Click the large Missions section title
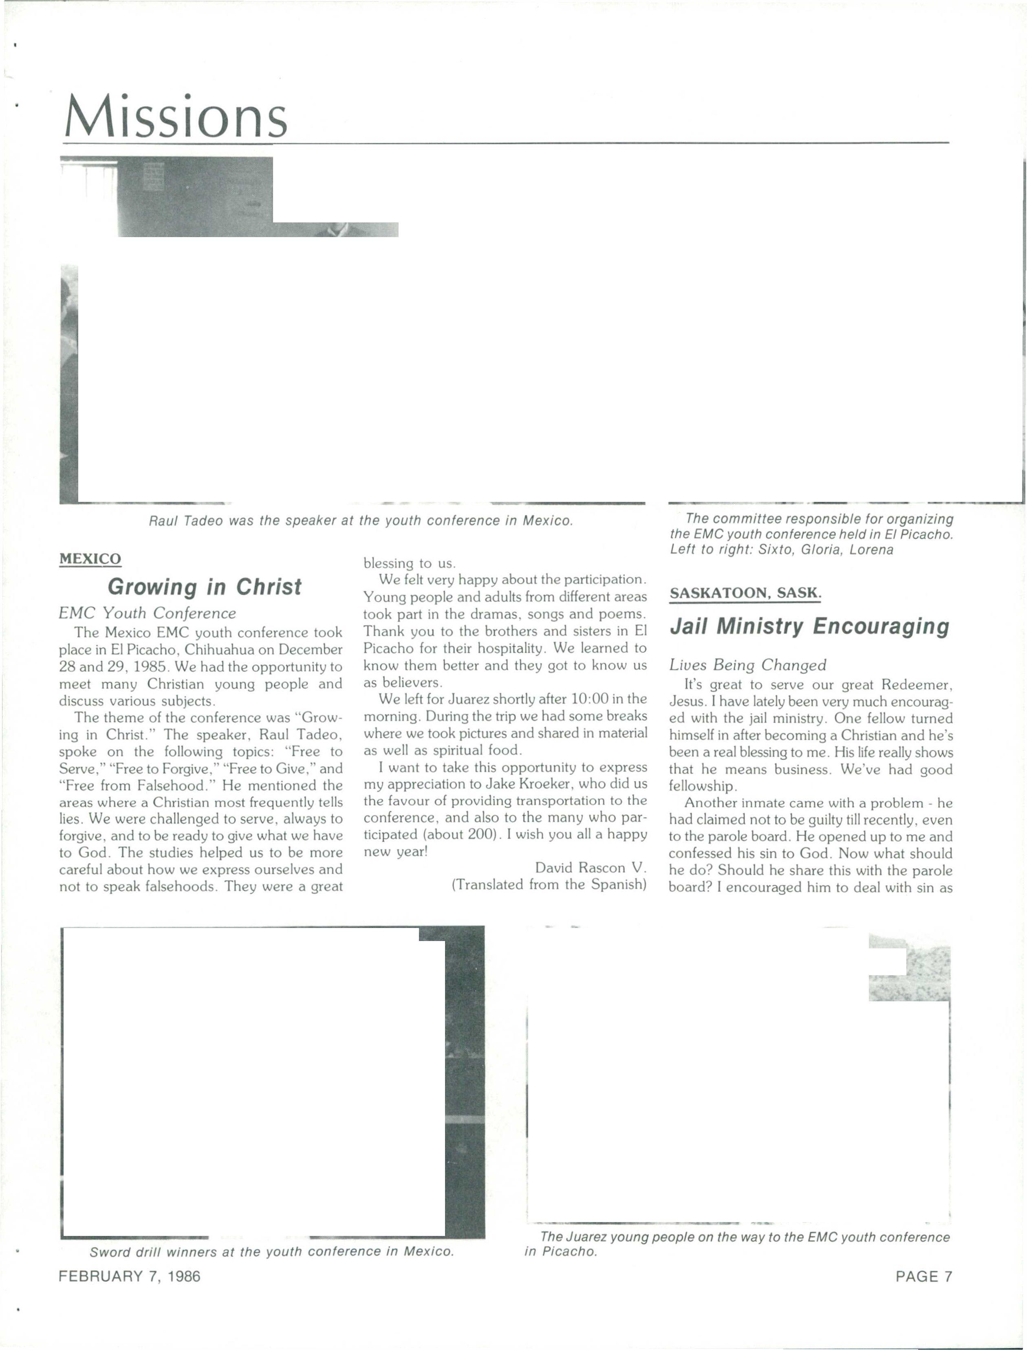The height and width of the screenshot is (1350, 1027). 175,116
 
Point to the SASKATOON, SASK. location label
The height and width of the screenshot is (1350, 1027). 745,593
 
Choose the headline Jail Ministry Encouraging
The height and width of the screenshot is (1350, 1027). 809,627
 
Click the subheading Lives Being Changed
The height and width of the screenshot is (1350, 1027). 747,664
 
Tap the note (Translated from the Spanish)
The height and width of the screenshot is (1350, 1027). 549,884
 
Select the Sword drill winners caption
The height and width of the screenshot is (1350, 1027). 271,1251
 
